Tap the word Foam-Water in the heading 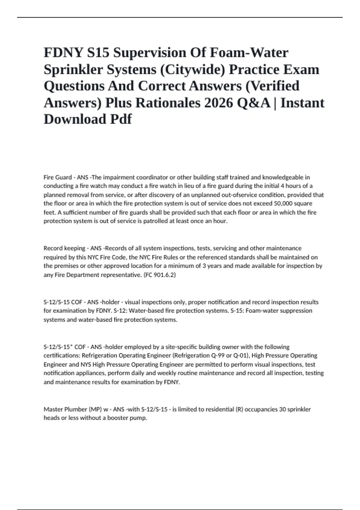click(249, 53)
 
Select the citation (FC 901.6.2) click(159, 275)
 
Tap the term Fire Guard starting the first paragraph click(58, 177)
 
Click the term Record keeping click(64, 248)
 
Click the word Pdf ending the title click(121, 119)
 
